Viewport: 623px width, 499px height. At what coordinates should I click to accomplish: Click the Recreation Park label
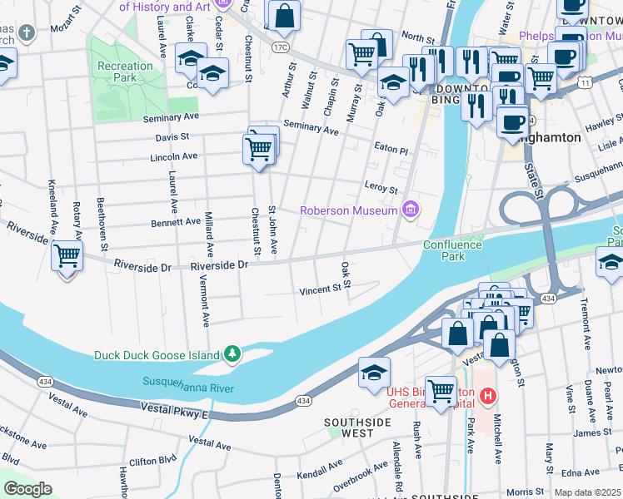(125, 72)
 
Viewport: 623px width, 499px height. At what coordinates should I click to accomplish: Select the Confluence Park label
(452, 250)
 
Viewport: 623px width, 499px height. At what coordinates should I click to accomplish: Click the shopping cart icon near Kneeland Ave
(67, 255)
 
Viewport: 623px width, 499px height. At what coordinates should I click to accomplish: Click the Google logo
(27, 489)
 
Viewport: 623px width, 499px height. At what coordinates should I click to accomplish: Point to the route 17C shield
(278, 47)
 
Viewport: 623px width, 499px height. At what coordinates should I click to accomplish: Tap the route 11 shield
(586, 83)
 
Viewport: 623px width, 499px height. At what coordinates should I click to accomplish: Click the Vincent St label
(321, 290)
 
